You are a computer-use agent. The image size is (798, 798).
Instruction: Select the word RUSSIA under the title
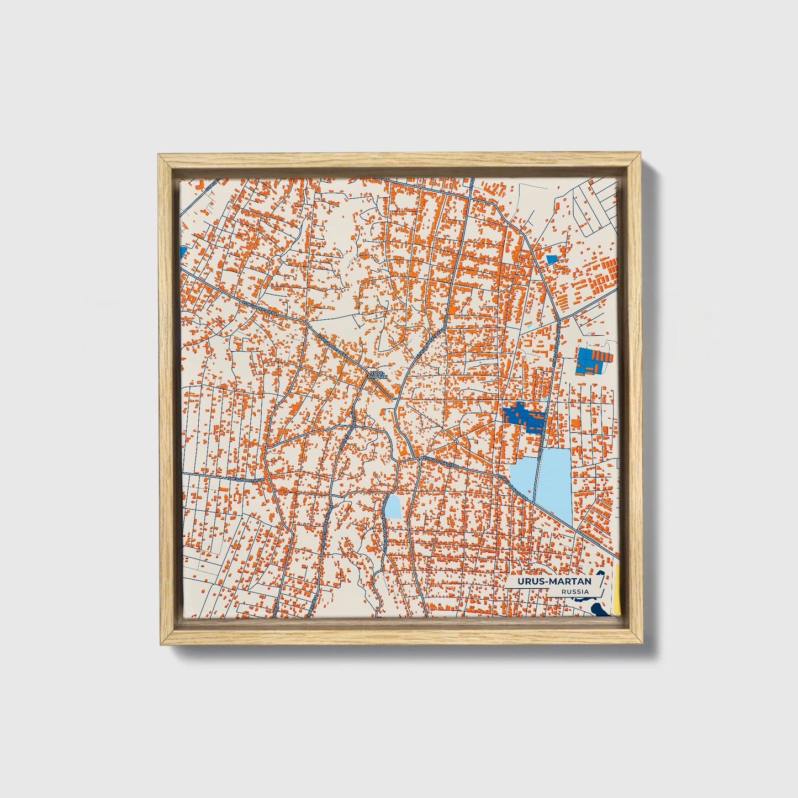pos(574,592)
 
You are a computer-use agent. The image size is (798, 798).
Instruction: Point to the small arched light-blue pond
pos(393,506)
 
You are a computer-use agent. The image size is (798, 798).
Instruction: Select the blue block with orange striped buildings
pos(591,361)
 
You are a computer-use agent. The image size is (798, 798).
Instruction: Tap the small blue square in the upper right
pos(551,258)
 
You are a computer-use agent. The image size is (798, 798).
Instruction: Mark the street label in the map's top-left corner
pos(210,186)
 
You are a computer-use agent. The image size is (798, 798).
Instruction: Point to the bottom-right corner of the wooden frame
pos(642,644)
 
